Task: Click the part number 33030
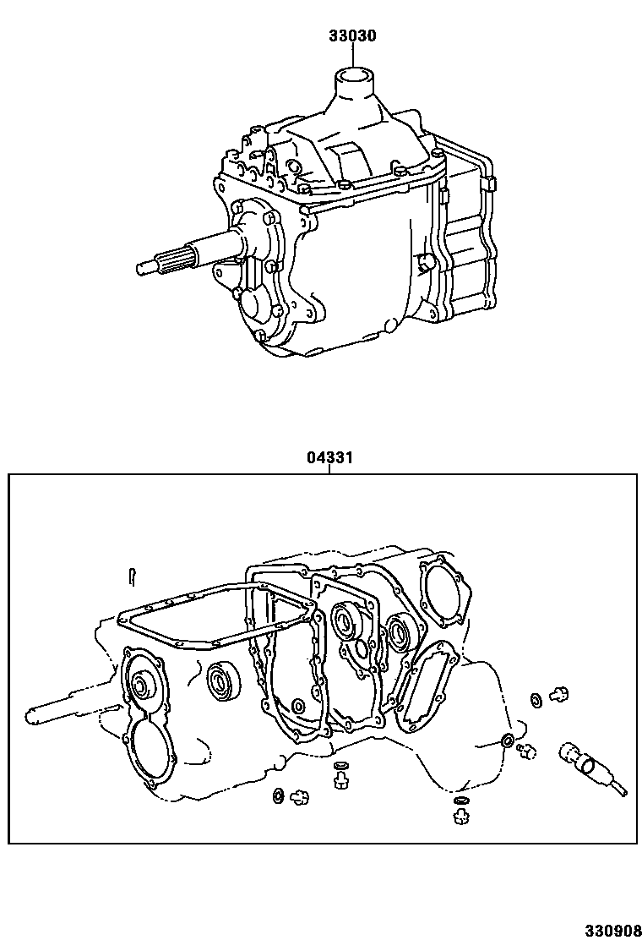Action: tap(352, 36)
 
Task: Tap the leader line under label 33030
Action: tap(352, 56)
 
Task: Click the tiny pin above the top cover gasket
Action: tap(133, 575)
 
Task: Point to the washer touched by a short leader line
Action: tap(507, 741)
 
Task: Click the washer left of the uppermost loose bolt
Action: tap(536, 700)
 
